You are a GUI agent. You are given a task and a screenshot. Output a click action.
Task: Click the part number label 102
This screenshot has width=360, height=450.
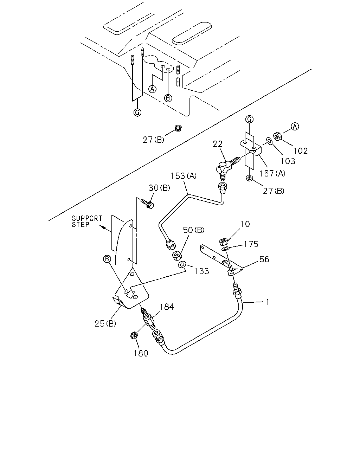[x=300, y=151]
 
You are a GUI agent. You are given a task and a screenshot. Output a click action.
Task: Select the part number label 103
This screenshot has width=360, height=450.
[x=288, y=161]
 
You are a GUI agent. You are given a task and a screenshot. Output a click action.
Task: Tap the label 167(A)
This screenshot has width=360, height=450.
[x=272, y=173]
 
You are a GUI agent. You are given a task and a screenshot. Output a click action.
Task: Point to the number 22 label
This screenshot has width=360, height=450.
[x=217, y=144]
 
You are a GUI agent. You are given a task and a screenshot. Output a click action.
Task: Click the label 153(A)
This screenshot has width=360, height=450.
[x=184, y=176]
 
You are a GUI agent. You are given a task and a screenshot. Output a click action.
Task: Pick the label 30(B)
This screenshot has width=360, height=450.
[x=159, y=188]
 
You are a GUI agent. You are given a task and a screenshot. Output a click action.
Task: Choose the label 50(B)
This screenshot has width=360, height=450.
[x=193, y=230]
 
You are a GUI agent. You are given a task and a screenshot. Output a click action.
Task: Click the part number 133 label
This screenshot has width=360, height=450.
[x=202, y=271]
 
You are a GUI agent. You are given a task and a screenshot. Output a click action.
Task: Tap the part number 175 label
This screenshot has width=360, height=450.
[x=251, y=244]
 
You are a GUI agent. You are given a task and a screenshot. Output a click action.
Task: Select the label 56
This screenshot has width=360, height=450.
[x=264, y=259]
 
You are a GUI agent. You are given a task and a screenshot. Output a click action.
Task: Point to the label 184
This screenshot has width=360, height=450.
[x=167, y=307]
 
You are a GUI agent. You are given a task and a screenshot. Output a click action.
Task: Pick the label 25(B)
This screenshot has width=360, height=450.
[x=105, y=324]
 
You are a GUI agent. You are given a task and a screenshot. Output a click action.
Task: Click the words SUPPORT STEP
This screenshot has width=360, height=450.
[x=87, y=221]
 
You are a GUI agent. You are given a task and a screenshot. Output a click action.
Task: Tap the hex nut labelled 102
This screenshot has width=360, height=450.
[x=278, y=137]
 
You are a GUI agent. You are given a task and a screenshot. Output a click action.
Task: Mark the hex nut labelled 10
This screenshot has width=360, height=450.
[x=223, y=242]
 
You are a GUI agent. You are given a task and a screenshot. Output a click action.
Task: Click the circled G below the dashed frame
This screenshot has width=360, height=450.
[x=137, y=112]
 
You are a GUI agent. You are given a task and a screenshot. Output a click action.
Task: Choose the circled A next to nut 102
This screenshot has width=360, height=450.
[x=295, y=126]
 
